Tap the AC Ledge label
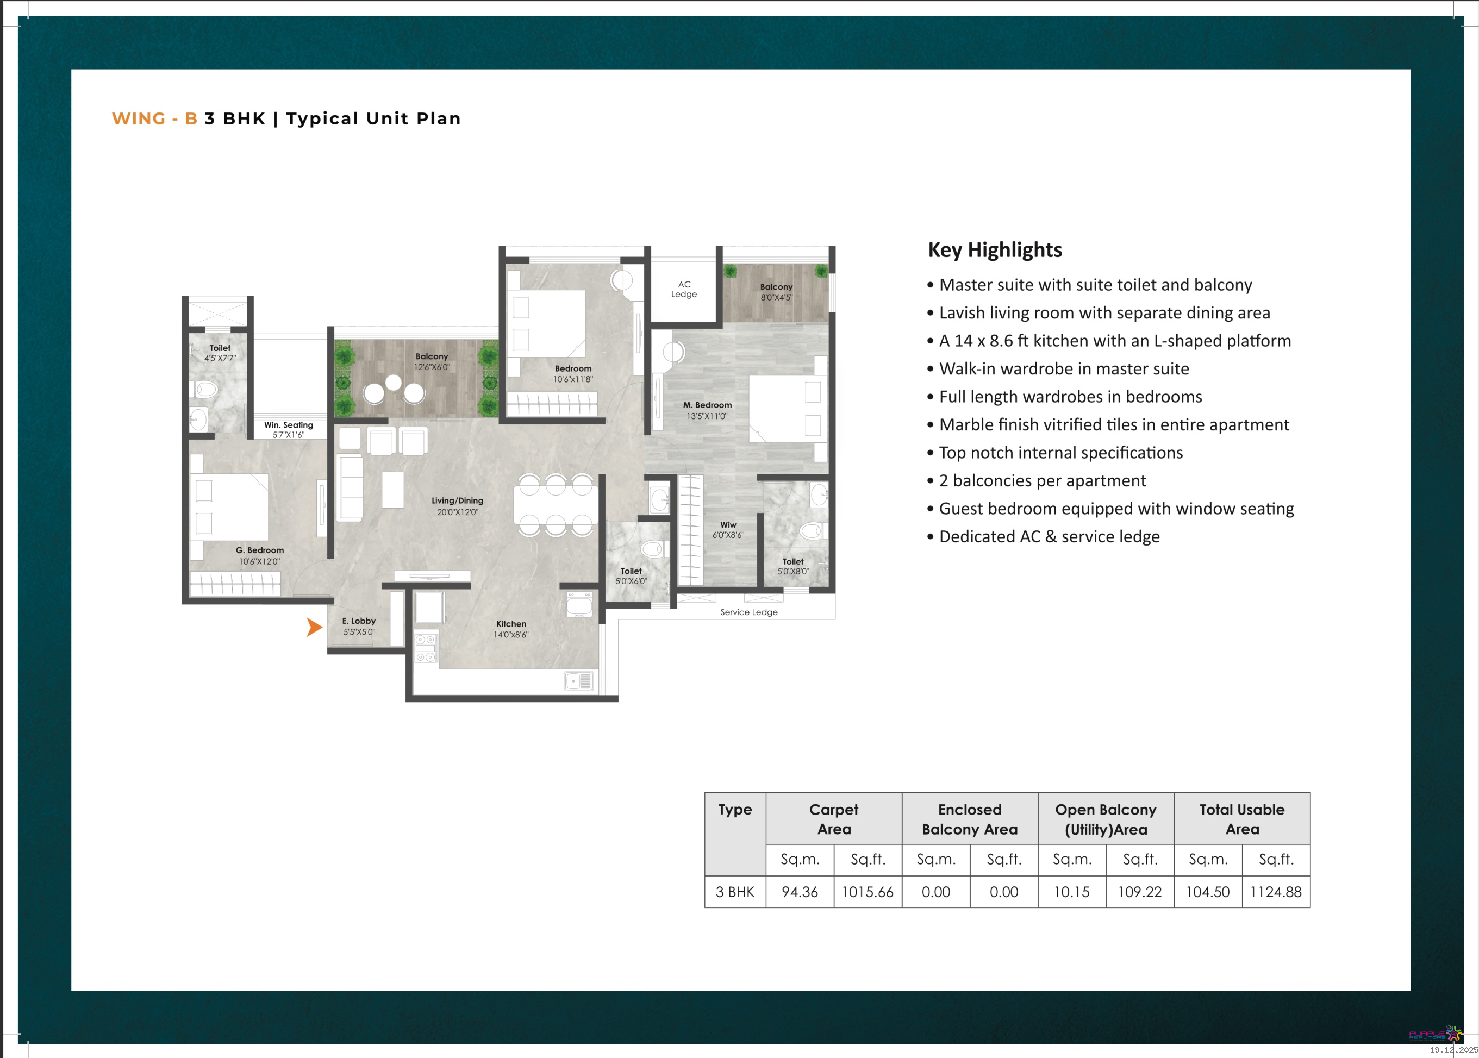[x=684, y=289]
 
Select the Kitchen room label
[x=511, y=624]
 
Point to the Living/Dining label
[x=457, y=501]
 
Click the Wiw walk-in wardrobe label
[x=728, y=525]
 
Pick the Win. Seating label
[x=289, y=425]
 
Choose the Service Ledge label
[x=749, y=612]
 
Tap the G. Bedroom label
[x=260, y=550]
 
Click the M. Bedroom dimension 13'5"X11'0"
[x=707, y=416]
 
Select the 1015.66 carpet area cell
[x=868, y=892]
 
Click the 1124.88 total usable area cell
[x=1276, y=892]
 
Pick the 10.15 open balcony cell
[x=1072, y=892]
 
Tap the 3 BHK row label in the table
[x=735, y=892]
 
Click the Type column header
[x=735, y=810]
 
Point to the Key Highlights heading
[x=995, y=250]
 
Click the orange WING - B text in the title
[x=154, y=118]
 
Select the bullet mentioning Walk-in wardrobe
[x=1058, y=369]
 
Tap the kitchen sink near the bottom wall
[x=578, y=681]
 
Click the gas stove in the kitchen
[x=426, y=648]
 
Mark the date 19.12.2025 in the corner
[x=1453, y=1049]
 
